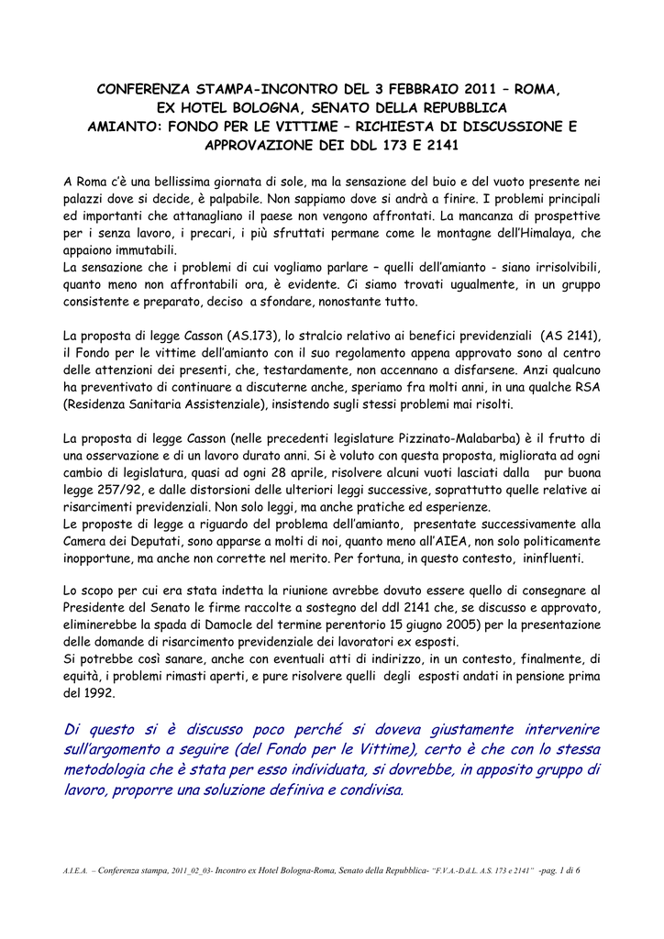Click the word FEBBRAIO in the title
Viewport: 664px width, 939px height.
(419, 90)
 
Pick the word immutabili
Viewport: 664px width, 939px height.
(135, 250)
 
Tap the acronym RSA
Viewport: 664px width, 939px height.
(584, 388)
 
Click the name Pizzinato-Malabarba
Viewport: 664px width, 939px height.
(448, 438)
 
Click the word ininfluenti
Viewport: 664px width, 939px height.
(547, 558)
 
